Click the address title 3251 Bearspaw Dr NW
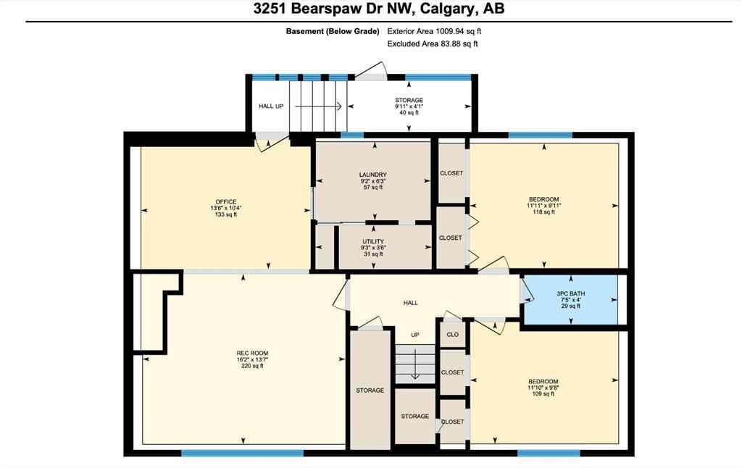[370, 9]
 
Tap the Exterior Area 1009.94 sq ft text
[434, 31]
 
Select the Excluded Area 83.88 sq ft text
[433, 44]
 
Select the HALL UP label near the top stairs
[270, 106]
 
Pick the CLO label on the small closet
[451, 335]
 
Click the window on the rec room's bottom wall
[242, 453]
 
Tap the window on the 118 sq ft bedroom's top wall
[540, 135]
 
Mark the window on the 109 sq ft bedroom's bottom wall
[549, 453]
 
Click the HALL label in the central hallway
[410, 303]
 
